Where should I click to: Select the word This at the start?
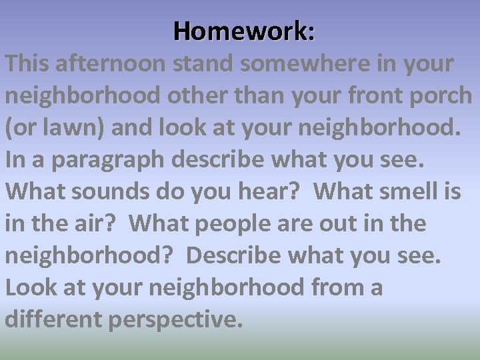click(x=27, y=64)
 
